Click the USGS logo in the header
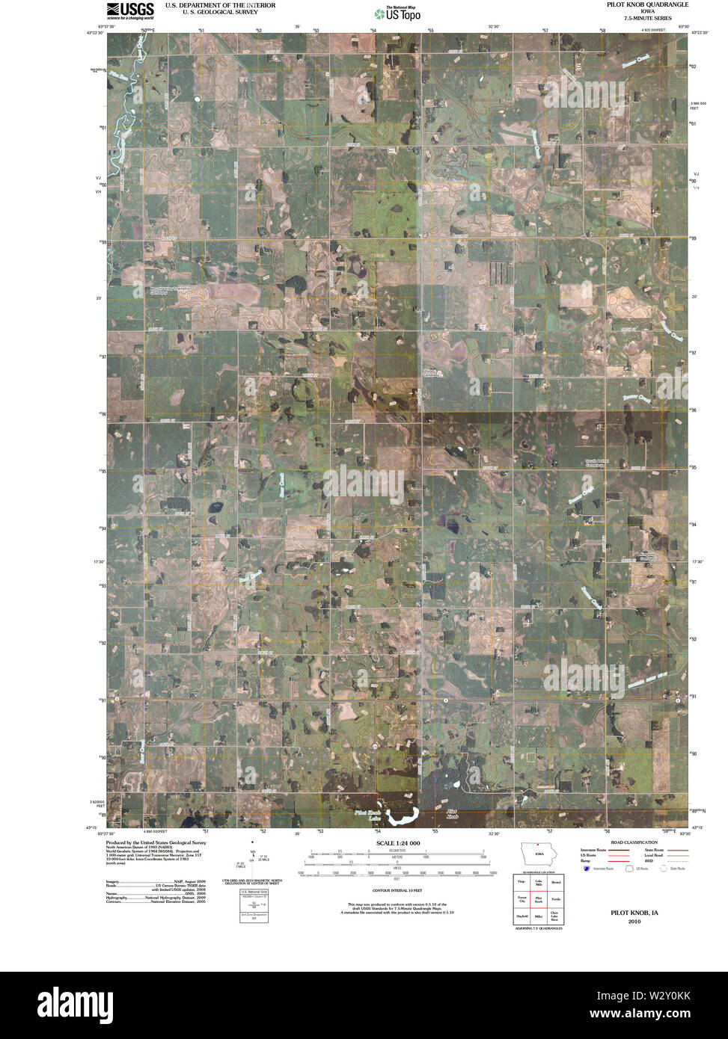coord(130,10)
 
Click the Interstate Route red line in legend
coord(597,851)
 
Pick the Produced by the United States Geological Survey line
coord(156,842)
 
